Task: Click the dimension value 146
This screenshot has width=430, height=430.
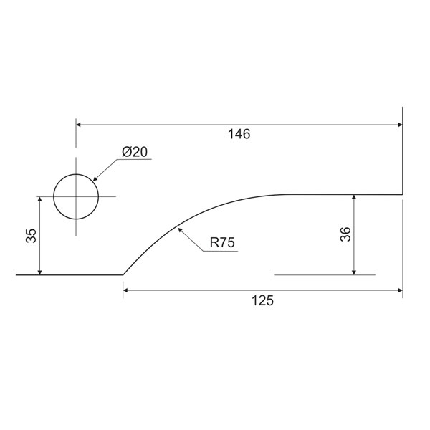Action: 239,134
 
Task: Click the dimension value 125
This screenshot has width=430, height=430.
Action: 262,300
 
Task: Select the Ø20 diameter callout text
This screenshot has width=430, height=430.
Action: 135,152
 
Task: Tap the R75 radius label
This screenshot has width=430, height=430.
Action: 222,242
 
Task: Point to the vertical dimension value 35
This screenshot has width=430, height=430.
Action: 31,236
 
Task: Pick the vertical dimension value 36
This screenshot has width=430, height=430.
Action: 345,234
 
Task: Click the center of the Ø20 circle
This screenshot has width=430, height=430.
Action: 76,196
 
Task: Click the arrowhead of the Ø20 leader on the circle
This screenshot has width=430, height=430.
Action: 95,178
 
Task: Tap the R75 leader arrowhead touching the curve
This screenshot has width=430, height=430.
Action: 180,230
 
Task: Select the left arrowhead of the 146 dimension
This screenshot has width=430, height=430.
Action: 78,125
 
